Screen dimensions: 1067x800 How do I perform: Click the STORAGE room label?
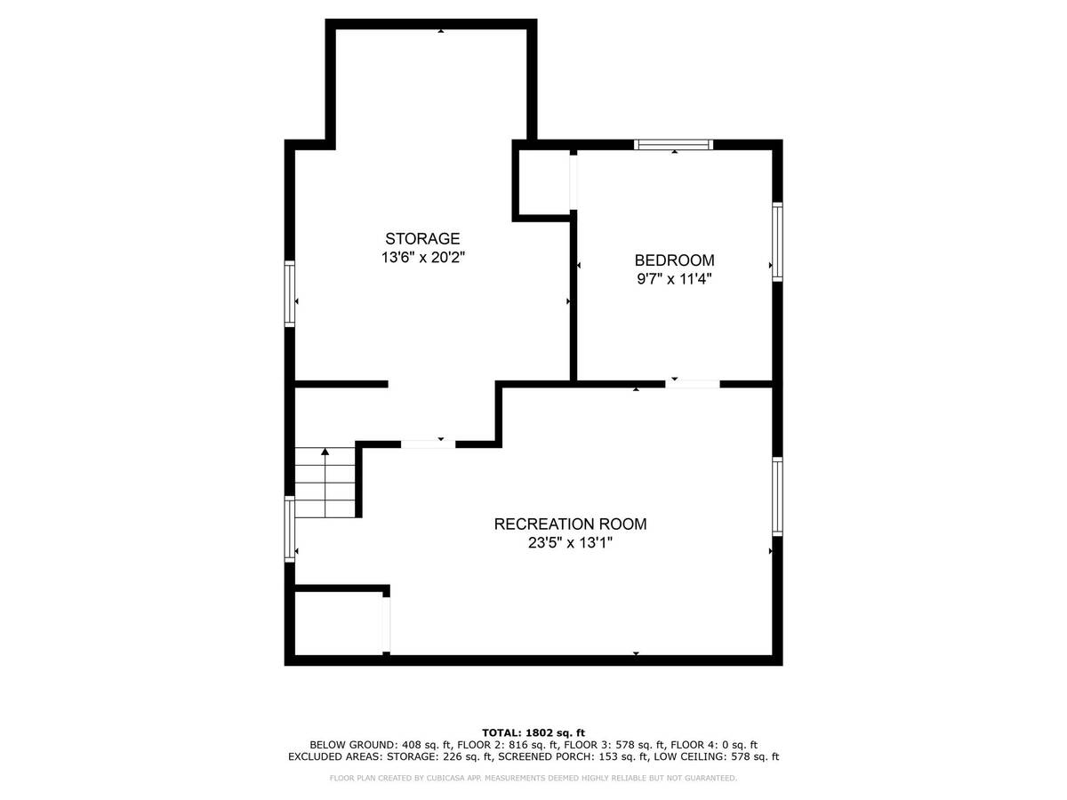pyautogui.click(x=422, y=238)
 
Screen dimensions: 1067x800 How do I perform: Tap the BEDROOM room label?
pyautogui.click(x=674, y=260)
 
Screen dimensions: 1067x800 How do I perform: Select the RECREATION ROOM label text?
pyautogui.click(x=570, y=524)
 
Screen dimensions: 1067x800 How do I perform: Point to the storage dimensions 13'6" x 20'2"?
pyautogui.click(x=423, y=258)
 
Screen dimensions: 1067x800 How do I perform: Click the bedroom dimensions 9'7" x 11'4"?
pyautogui.click(x=674, y=279)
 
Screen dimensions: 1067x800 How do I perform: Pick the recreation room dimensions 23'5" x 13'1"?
pyautogui.click(x=570, y=542)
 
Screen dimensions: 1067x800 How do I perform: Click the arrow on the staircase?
pyautogui.click(x=325, y=482)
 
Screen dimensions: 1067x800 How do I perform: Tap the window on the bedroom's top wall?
pyautogui.click(x=674, y=144)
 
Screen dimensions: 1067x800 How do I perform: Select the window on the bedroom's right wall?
pyautogui.click(x=777, y=242)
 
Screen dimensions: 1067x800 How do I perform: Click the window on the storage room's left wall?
pyautogui.click(x=289, y=293)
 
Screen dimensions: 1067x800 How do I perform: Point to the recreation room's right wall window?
pyautogui.click(x=777, y=496)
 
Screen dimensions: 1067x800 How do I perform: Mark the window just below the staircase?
pyautogui.click(x=289, y=529)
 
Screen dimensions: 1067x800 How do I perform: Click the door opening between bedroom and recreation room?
pyautogui.click(x=692, y=384)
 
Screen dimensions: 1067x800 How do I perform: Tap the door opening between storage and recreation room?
pyautogui.click(x=428, y=444)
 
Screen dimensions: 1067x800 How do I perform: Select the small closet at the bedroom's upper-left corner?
pyautogui.click(x=544, y=181)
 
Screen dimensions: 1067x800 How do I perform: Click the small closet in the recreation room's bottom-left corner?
pyautogui.click(x=339, y=623)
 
